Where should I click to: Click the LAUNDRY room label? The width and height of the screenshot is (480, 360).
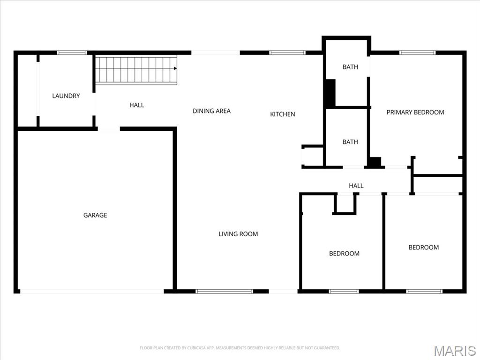(66, 96)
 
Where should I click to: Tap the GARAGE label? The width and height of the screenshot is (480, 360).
(95, 215)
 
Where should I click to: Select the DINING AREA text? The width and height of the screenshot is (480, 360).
(211, 111)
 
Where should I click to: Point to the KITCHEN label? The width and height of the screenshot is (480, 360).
(282, 114)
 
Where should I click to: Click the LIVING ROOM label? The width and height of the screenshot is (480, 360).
(238, 234)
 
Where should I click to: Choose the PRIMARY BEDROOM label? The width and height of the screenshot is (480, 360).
(415, 112)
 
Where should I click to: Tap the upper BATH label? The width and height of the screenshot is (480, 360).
(350, 67)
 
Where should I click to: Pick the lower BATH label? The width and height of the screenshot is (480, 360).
(350, 142)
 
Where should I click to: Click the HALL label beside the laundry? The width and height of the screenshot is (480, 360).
(136, 105)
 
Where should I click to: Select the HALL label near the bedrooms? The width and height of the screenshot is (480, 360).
(356, 186)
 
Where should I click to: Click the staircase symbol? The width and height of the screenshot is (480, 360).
(136, 69)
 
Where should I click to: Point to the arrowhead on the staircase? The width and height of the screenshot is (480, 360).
(175, 69)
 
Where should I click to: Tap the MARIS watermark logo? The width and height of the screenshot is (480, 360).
(454, 351)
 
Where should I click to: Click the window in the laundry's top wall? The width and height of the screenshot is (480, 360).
(72, 52)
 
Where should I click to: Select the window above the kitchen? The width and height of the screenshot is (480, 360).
(287, 52)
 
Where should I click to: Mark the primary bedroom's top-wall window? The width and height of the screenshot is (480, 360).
(417, 52)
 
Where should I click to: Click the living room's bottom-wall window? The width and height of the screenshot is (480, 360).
(224, 291)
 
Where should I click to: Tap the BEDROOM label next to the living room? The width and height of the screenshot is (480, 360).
(344, 254)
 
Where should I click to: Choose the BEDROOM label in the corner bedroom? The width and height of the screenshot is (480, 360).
(423, 247)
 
